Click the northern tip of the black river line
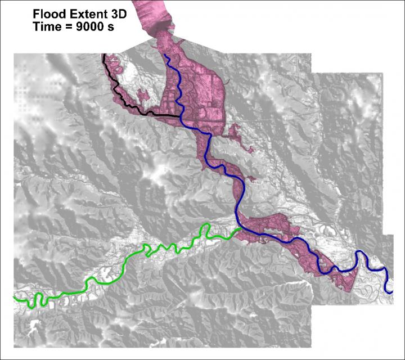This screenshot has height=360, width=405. tap(103, 55)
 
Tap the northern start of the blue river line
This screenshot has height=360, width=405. tap(164, 55)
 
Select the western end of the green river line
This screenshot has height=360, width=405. tap(13, 295)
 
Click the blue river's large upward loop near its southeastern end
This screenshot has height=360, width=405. tap(361, 256)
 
